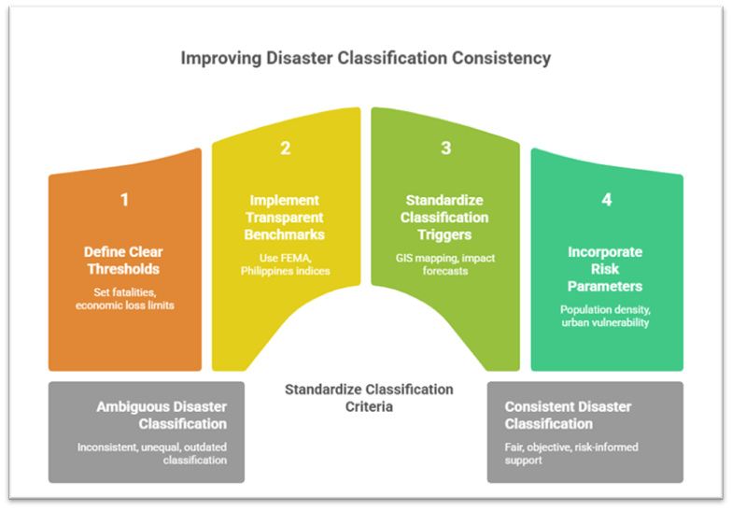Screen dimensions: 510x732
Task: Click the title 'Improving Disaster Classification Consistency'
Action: click(x=365, y=59)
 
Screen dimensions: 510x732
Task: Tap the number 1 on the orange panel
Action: click(x=124, y=199)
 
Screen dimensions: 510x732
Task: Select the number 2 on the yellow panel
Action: click(x=286, y=149)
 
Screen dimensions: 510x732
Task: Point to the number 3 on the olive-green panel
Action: click(x=446, y=149)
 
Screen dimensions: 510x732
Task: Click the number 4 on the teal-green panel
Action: click(x=607, y=199)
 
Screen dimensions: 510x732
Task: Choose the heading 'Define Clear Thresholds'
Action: click(x=124, y=261)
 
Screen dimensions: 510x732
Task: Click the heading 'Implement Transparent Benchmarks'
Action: click(x=286, y=217)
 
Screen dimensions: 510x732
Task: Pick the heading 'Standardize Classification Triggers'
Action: click(x=446, y=217)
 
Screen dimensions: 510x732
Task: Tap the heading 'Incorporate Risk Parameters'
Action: click(x=607, y=268)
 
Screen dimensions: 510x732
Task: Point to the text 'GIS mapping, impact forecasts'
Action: click(x=446, y=264)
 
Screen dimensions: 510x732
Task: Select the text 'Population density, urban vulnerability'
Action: click(x=607, y=316)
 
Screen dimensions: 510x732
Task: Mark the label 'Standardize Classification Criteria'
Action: click(x=369, y=398)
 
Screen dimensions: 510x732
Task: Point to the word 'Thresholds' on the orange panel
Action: click(x=124, y=269)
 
